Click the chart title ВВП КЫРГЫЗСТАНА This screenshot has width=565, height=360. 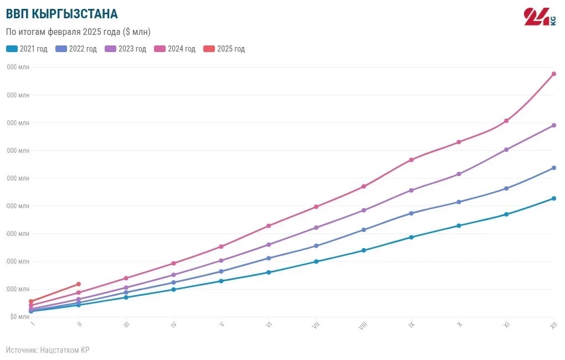(61, 14)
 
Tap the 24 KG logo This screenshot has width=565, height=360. (540, 17)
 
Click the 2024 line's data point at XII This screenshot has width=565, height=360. (553, 74)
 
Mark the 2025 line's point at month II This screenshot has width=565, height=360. (79, 284)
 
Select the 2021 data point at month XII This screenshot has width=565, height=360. (553, 198)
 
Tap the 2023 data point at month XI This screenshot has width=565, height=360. (506, 150)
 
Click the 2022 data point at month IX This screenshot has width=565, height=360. (411, 213)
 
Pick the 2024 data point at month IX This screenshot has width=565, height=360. (411, 160)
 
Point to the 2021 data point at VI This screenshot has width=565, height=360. (269, 272)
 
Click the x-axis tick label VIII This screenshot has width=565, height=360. (363, 326)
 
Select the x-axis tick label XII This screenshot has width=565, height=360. (553, 326)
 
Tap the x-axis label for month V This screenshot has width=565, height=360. (222, 325)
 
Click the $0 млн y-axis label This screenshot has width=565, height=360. (19, 317)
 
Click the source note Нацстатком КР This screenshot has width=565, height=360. (48, 350)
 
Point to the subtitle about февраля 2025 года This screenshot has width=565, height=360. (78, 32)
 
